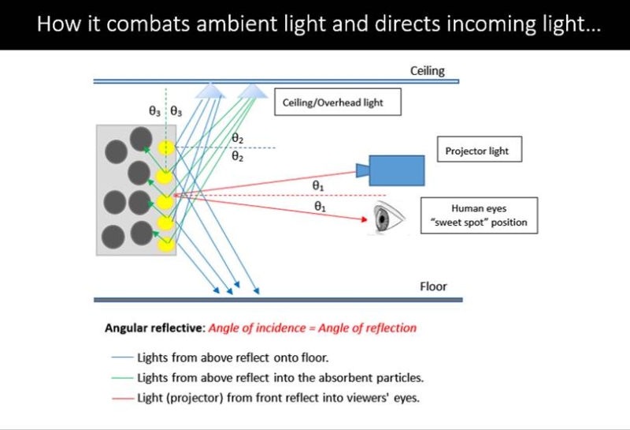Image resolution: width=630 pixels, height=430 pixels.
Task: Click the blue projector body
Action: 397,170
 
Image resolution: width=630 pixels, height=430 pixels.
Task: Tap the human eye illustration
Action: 387,219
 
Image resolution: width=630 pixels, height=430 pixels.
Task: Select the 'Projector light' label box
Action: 480,149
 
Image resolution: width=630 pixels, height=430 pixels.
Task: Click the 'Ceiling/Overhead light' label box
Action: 338,102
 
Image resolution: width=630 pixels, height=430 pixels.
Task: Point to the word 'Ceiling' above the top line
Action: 427,71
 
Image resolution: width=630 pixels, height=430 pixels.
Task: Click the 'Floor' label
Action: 433,286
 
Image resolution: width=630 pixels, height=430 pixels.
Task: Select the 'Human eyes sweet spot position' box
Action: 479,215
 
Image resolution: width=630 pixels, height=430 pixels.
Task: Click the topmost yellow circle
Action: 165,148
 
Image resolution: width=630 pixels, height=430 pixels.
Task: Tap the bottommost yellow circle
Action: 165,245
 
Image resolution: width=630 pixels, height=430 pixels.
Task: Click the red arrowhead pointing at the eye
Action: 364,219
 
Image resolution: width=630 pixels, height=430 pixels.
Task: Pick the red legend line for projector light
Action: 123,398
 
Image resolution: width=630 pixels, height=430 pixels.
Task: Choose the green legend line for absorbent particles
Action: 123,378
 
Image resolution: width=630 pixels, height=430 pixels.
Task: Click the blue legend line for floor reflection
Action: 123,357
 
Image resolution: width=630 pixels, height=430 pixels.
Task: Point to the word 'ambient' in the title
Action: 234,24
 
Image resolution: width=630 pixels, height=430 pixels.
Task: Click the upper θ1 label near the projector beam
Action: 318,185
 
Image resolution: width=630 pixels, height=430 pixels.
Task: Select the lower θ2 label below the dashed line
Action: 238,156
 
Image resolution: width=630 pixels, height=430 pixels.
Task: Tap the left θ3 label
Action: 154,110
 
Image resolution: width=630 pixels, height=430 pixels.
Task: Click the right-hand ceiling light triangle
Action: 252,91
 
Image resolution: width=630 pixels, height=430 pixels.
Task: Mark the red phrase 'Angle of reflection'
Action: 367,328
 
